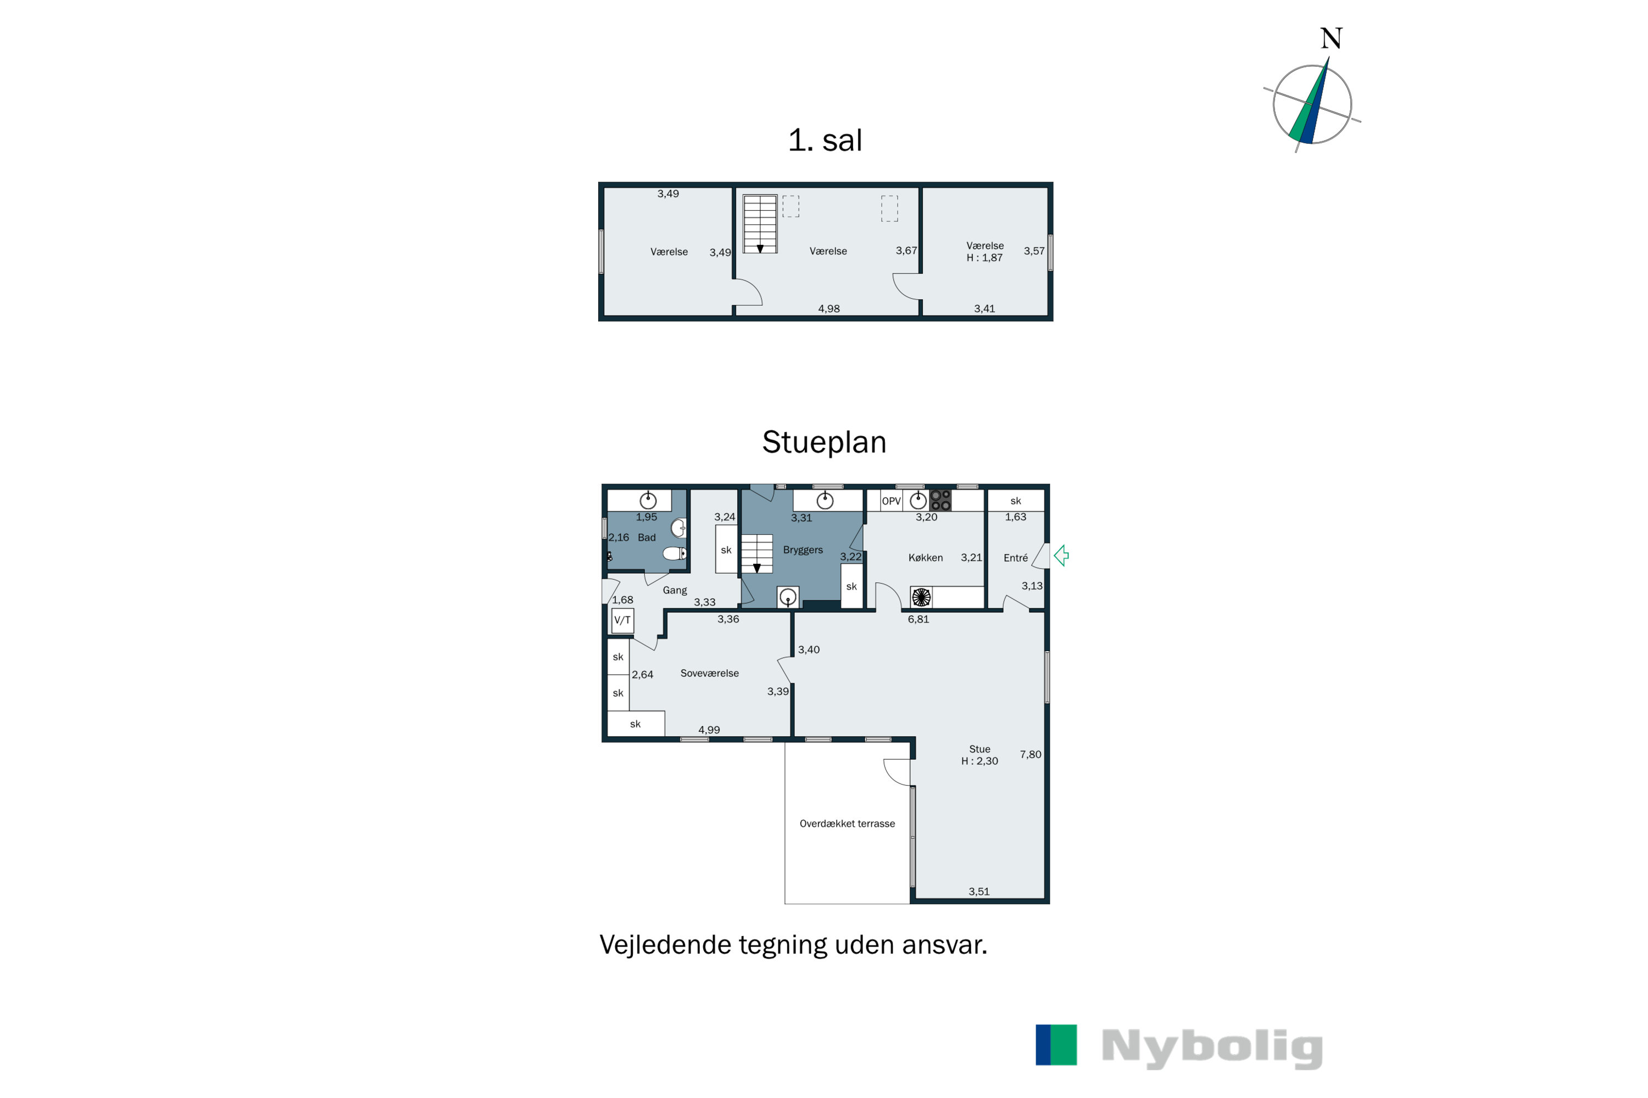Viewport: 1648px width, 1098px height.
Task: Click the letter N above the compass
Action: click(1330, 38)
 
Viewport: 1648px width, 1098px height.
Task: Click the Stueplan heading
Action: click(824, 442)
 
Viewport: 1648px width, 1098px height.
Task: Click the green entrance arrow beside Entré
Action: click(1061, 556)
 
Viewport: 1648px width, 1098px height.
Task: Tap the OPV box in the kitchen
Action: click(890, 501)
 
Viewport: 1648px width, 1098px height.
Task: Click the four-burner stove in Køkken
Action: click(940, 501)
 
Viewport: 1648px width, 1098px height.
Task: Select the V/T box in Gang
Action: click(622, 620)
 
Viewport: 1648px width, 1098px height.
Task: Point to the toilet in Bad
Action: click(674, 554)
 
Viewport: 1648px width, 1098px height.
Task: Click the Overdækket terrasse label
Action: click(847, 824)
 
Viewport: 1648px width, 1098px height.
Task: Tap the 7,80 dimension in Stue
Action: click(1030, 755)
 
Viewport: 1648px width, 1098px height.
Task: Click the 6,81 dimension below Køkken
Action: click(918, 620)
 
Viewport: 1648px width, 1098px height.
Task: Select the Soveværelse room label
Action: click(709, 674)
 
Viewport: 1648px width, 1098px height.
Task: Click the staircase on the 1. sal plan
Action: click(760, 224)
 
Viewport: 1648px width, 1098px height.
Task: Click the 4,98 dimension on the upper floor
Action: click(829, 309)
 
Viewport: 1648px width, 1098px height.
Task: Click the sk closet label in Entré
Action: click(1015, 501)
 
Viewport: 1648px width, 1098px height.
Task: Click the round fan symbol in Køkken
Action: click(921, 597)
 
